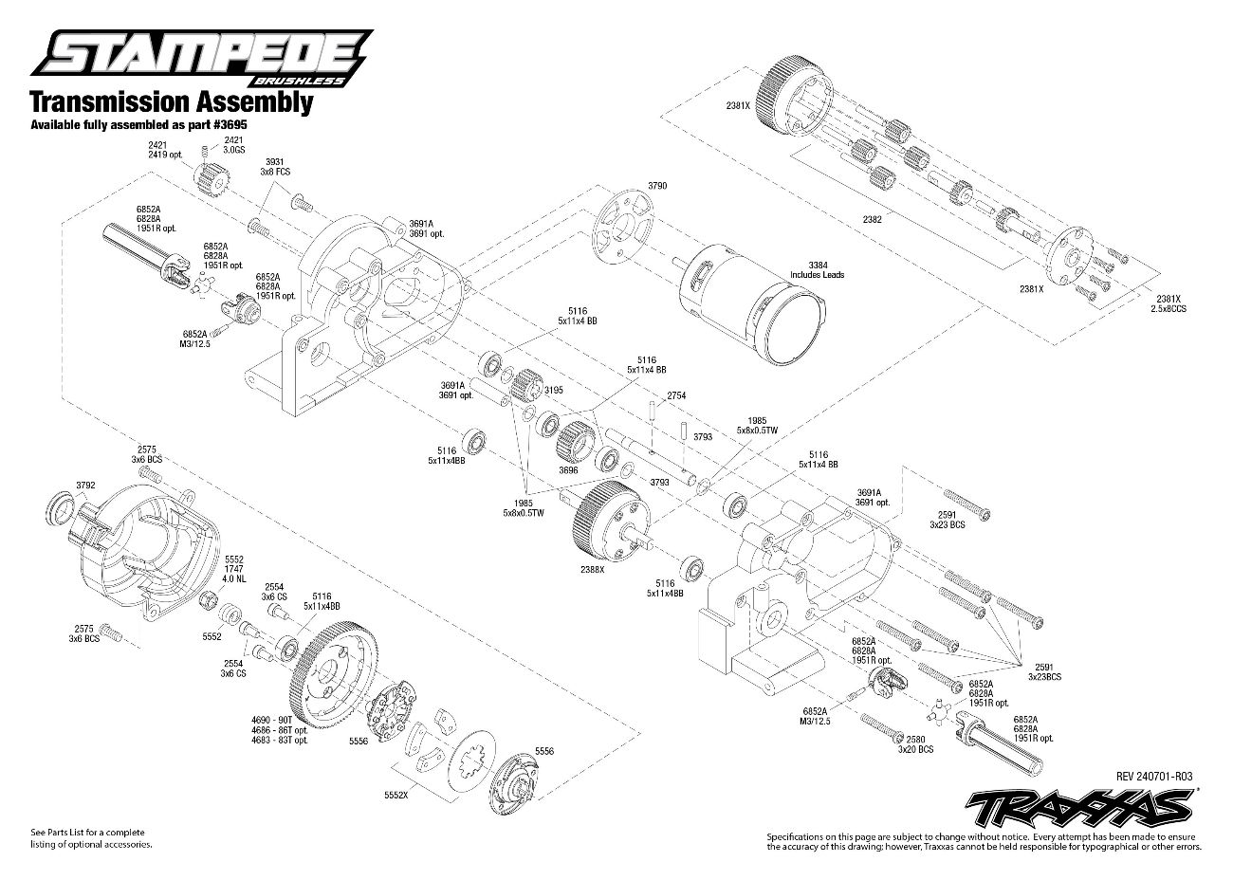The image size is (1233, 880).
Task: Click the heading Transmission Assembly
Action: coord(171,102)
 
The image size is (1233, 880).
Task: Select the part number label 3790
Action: coord(657,186)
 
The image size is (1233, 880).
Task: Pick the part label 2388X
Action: coord(592,570)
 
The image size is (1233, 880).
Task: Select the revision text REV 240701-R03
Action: coord(1154,777)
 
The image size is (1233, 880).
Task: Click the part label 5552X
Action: coord(396,796)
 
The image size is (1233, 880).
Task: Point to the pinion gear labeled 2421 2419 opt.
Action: coord(212,177)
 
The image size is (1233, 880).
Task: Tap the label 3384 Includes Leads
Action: coord(818,269)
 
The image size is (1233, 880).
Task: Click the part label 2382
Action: coord(872,220)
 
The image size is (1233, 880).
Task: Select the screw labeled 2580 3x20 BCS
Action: coord(882,727)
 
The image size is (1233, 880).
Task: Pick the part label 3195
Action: coord(554,390)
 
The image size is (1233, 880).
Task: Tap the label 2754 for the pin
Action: coord(676,395)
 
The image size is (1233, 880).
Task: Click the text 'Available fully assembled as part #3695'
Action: coord(138,125)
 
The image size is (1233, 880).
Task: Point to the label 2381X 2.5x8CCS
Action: coord(1169,303)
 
